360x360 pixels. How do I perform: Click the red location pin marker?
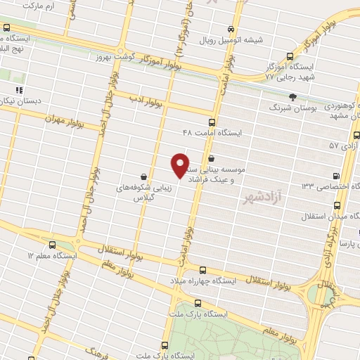(181, 165)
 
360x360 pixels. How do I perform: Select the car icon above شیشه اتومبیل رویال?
(231, 29)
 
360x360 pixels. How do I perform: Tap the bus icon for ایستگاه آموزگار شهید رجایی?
(291, 56)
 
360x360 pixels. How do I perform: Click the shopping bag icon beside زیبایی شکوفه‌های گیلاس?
(143, 176)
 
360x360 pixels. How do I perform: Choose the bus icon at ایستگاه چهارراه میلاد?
(203, 270)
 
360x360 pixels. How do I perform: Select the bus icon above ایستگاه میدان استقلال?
(337, 205)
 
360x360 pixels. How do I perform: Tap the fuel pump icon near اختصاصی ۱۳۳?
(335, 176)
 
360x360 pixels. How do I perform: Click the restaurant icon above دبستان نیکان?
(19, 90)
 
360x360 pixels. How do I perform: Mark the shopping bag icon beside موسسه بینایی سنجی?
(211, 159)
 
